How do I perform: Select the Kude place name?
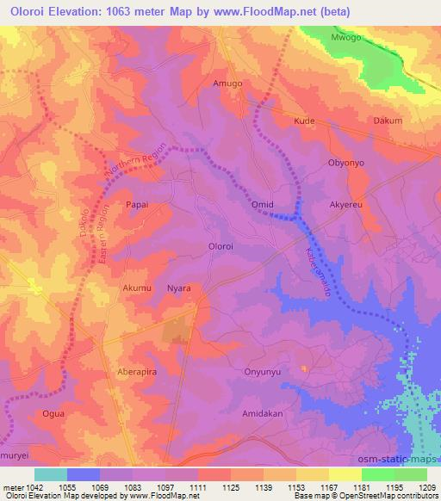click(x=304, y=121)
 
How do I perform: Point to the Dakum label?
click(x=388, y=121)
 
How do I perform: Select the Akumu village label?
click(x=138, y=288)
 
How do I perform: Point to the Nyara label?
click(x=178, y=288)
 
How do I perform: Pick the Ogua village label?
click(x=53, y=414)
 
